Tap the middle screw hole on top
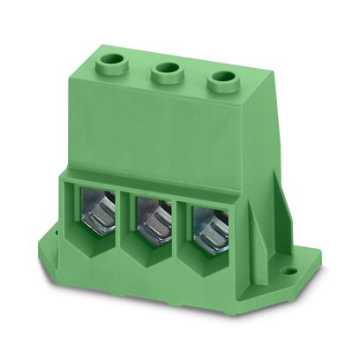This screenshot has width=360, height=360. pos(165,73)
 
